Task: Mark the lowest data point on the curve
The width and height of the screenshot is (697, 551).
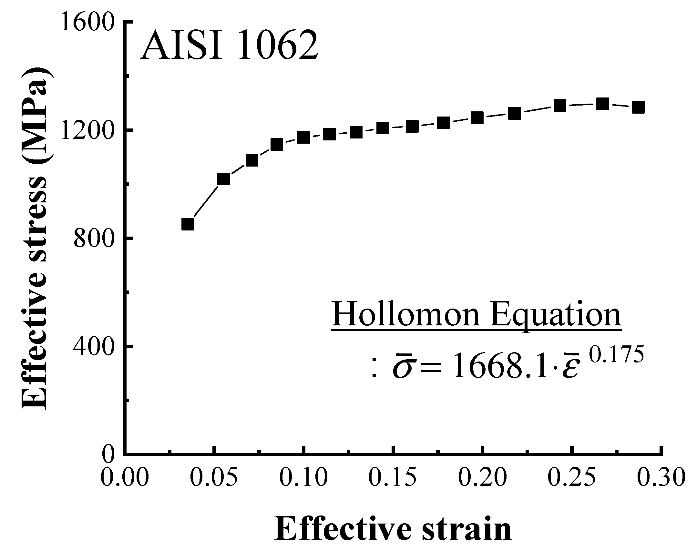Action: tap(188, 224)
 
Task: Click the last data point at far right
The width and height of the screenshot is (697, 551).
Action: tap(638, 107)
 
